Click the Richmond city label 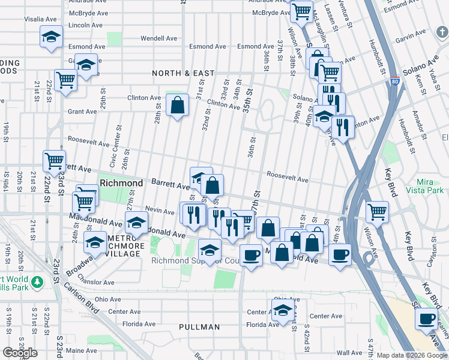(121, 182)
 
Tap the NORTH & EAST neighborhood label (183, 73)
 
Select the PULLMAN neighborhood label (199, 327)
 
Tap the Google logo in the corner (20, 353)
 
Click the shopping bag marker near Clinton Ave (178, 106)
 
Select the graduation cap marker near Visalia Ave (52, 37)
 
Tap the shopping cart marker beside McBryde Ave (301, 10)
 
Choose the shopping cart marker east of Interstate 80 (377, 211)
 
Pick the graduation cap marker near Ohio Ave (282, 310)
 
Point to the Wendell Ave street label (158, 38)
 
